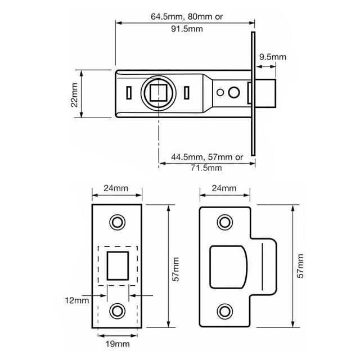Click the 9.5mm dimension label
(273, 57)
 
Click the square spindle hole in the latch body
(159, 92)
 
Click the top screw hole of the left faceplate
(118, 222)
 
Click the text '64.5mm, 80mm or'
(186, 17)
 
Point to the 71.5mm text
(207, 167)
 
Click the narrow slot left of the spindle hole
(129, 92)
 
